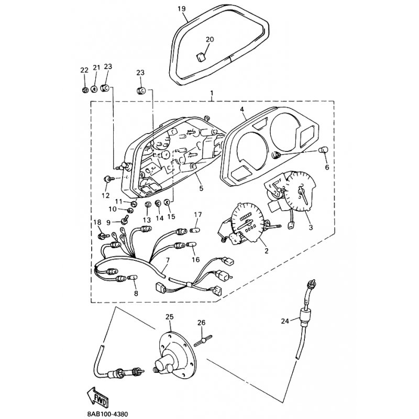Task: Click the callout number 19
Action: [x=181, y=9]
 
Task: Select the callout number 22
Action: [x=84, y=70]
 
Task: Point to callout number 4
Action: [x=242, y=109]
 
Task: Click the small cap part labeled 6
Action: [x=324, y=151]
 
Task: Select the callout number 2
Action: [x=266, y=251]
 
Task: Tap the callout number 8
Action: [x=136, y=293]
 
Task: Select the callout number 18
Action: [x=97, y=223]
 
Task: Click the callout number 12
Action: [x=106, y=195]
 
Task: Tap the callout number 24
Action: [x=284, y=321]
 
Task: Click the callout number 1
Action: [x=212, y=94]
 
